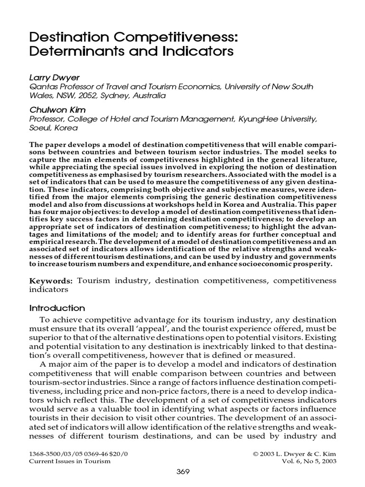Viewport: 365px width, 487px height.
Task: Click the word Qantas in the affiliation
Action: [43, 86]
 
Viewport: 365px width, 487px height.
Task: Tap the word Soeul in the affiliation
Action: [40, 128]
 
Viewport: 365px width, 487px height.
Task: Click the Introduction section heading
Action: [57, 308]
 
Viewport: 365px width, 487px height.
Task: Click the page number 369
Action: [183, 472]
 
